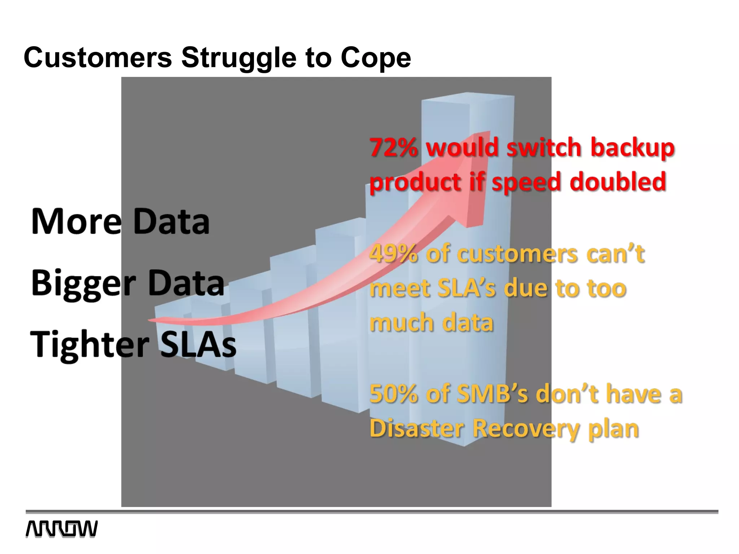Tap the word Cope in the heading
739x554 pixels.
pyautogui.click(x=376, y=58)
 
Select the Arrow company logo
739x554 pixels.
pyautogui.click(x=61, y=529)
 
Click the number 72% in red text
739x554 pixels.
pyautogui.click(x=393, y=148)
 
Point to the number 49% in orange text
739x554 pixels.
pyautogui.click(x=393, y=254)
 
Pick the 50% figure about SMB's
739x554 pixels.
pyautogui.click(x=393, y=394)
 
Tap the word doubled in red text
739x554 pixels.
pyautogui.click(x=617, y=181)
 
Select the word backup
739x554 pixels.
pyautogui.click(x=632, y=148)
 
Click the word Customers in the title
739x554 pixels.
pyautogui.click(x=98, y=58)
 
